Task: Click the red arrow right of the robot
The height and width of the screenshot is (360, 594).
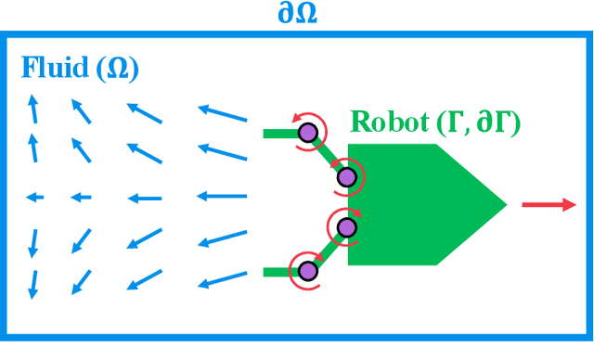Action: pyautogui.click(x=549, y=204)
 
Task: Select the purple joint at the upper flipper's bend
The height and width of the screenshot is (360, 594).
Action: pyautogui.click(x=307, y=135)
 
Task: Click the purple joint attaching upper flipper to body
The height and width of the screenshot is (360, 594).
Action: pyautogui.click(x=346, y=176)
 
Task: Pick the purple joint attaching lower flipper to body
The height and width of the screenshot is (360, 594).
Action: pyautogui.click(x=346, y=227)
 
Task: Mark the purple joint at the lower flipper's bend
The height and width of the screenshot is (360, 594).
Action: pyautogui.click(x=306, y=271)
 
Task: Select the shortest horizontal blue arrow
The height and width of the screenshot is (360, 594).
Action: pyautogui.click(x=34, y=197)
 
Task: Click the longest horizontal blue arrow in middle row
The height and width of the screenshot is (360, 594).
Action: pyautogui.click(x=222, y=197)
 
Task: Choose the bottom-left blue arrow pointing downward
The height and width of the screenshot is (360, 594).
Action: pyautogui.click(x=32, y=283)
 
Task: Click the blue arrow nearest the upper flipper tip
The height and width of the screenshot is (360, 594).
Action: pyautogui.click(x=223, y=115)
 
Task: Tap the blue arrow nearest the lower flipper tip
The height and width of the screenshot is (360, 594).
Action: pyautogui.click(x=223, y=278)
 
